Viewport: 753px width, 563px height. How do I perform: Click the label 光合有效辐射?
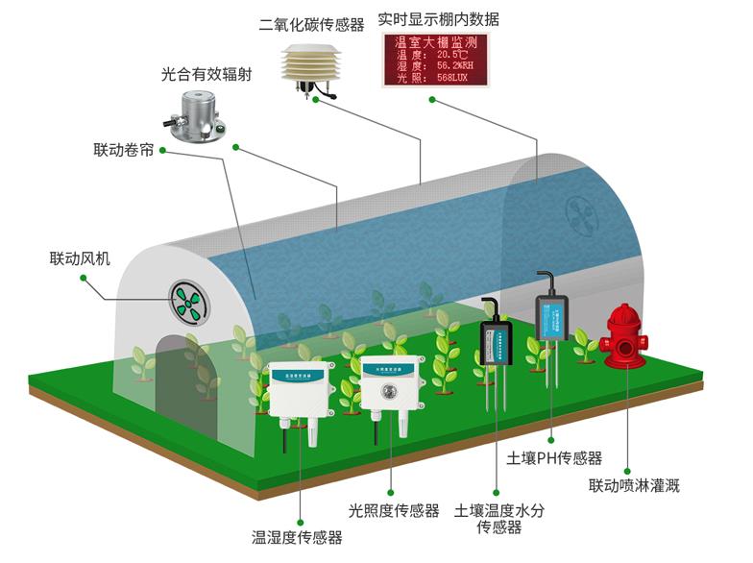click(x=206, y=74)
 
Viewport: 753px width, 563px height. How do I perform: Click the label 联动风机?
click(x=81, y=258)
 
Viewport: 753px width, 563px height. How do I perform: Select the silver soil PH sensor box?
click(x=551, y=316)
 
